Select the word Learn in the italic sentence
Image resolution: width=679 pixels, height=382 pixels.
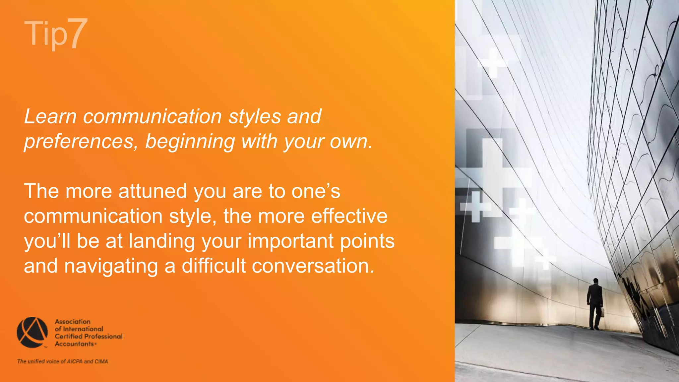(x=50, y=117)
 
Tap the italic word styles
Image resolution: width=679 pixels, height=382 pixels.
(x=255, y=117)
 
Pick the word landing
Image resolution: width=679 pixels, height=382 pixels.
(x=161, y=241)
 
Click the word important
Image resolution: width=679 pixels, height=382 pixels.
(x=290, y=241)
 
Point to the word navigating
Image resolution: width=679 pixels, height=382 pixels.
(x=111, y=266)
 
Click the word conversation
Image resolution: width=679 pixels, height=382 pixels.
(x=313, y=266)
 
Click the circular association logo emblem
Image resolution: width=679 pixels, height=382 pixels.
(x=32, y=332)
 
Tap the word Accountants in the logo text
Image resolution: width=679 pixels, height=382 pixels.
(x=74, y=344)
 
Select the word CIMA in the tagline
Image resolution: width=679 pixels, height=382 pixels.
(x=101, y=361)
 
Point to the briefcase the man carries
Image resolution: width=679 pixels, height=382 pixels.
(x=602, y=312)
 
